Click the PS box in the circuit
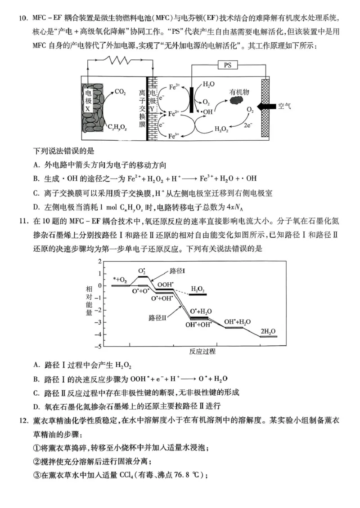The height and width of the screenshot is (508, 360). (x=228, y=66)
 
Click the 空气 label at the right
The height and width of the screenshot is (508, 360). (x=284, y=107)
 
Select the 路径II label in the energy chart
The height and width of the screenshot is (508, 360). (x=157, y=317)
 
